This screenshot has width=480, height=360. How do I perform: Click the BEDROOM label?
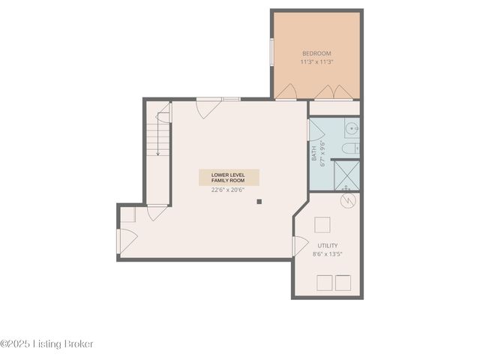[316, 53]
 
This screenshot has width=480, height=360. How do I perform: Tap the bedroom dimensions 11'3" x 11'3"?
[316, 61]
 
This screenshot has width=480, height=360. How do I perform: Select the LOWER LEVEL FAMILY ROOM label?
[229, 178]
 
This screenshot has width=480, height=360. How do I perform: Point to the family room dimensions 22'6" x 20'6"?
[229, 190]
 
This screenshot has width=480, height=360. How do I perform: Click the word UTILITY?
[327, 245]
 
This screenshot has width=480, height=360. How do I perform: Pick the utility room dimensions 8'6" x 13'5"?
[327, 254]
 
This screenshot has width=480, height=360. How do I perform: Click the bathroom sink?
[352, 127]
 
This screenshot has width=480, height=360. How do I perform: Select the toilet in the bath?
[349, 148]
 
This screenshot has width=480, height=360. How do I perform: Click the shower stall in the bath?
[346, 175]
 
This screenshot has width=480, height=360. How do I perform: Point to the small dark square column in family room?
[259, 201]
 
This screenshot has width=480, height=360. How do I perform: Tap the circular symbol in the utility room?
[346, 201]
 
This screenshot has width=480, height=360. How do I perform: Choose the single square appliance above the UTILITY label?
[322, 225]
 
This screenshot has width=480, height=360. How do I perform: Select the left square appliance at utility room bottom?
[325, 282]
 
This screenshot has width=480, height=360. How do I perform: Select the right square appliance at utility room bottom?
[343, 282]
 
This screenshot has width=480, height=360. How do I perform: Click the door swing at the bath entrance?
[316, 130]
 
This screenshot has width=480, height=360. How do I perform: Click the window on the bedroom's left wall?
[271, 52]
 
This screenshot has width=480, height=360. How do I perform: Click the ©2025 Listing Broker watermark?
[47, 343]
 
